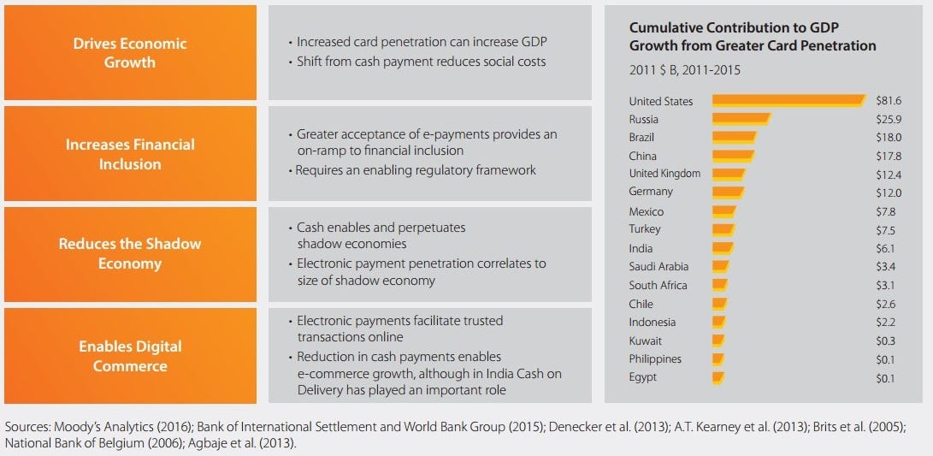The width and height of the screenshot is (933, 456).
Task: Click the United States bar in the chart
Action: click(x=788, y=101)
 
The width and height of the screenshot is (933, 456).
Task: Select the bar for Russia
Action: click(x=741, y=119)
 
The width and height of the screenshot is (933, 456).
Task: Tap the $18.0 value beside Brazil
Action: click(x=889, y=138)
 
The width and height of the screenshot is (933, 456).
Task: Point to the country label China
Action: click(x=642, y=156)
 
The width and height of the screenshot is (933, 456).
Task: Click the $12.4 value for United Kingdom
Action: click(x=889, y=175)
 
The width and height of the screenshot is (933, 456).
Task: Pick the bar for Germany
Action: click(x=729, y=192)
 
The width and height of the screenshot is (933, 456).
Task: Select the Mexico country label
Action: click(x=647, y=211)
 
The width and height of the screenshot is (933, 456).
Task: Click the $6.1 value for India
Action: click(x=886, y=248)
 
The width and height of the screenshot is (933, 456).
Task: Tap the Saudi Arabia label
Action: click(x=658, y=267)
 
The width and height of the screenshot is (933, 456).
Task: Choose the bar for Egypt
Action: click(x=718, y=376)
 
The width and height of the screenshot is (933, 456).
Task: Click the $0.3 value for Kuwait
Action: click(x=886, y=341)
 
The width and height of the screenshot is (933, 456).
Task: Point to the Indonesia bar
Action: click(x=719, y=322)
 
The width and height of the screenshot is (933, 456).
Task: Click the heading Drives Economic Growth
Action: click(x=130, y=53)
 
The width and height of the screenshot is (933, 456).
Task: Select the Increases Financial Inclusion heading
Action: click(x=130, y=154)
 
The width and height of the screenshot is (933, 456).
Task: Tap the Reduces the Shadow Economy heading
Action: click(x=130, y=253)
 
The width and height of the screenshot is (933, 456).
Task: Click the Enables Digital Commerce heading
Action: click(x=130, y=355)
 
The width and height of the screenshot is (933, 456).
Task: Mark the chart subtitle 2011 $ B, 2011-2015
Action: click(x=685, y=70)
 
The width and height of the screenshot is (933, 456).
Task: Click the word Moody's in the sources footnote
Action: click(x=71, y=428)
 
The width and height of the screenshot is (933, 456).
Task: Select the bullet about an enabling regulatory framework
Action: click(x=416, y=171)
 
